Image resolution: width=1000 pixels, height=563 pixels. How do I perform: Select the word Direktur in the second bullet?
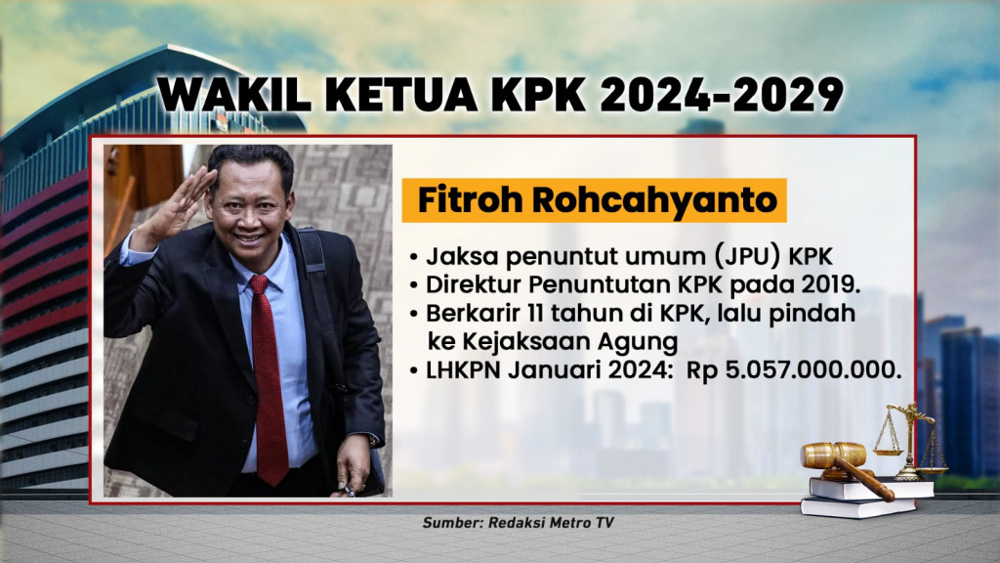click(466, 286)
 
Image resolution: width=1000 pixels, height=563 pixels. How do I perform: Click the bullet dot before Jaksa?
click(415, 260)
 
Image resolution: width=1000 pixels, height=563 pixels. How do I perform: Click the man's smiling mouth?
click(249, 237)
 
